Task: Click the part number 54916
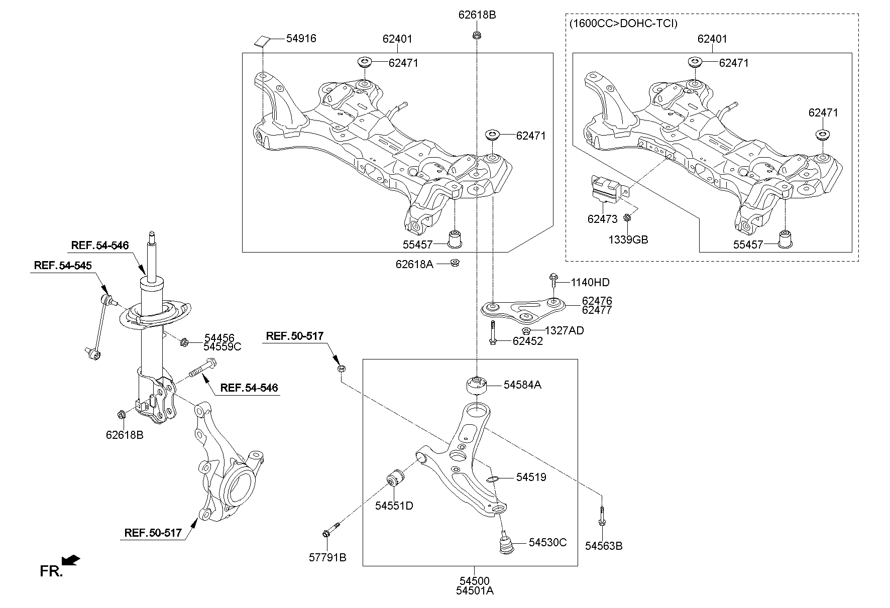pyautogui.click(x=301, y=39)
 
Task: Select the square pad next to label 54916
pyautogui.click(x=263, y=40)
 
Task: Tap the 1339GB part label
pyautogui.click(x=628, y=240)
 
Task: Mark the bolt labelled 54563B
pyautogui.click(x=602, y=517)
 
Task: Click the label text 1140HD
pyautogui.click(x=590, y=283)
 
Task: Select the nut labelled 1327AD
pyautogui.click(x=526, y=331)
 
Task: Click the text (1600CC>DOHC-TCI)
pyautogui.click(x=623, y=24)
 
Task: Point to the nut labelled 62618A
pyautogui.click(x=455, y=263)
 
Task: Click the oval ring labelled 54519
pyautogui.click(x=493, y=478)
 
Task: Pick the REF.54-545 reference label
pyautogui.click(x=63, y=265)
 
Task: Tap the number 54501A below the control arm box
pyautogui.click(x=475, y=591)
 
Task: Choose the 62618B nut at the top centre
pyautogui.click(x=476, y=35)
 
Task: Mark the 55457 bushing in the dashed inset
pyautogui.click(x=785, y=239)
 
